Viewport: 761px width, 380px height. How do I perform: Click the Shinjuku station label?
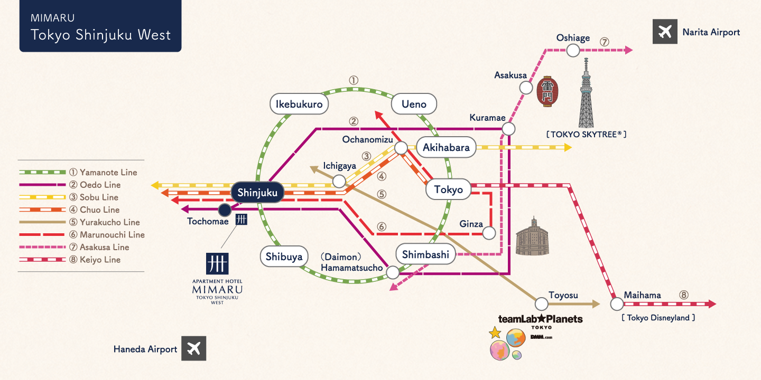click(257, 193)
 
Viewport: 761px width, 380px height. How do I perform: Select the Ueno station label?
click(414, 104)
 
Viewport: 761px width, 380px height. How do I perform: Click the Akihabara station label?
click(446, 147)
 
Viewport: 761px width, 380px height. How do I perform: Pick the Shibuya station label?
click(284, 256)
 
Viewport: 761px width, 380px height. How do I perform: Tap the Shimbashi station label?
click(425, 254)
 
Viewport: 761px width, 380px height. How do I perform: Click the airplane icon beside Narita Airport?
click(665, 32)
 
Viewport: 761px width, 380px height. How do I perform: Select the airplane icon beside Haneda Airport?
click(194, 349)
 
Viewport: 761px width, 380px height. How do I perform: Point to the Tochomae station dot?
click(225, 210)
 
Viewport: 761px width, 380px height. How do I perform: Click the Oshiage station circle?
click(573, 50)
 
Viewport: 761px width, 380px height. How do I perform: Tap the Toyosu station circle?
click(541, 303)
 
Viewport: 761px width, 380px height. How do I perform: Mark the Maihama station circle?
click(617, 304)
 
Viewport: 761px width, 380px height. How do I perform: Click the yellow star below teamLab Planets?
click(495, 332)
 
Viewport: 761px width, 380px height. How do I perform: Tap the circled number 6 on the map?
click(382, 226)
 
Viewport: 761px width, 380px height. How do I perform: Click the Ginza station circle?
click(489, 233)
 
